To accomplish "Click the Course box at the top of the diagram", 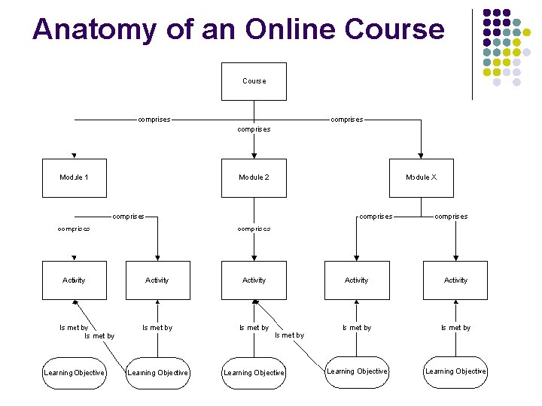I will coord(254,81).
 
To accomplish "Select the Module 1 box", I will coord(74,177).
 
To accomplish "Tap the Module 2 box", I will coord(254,177).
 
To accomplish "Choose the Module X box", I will coord(421,177).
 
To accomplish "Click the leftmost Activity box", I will coord(74,280).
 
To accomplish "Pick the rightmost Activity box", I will coord(455,280).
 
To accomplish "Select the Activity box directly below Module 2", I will coord(254,280).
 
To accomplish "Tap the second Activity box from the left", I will coord(157,280).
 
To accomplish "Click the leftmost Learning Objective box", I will coord(74,372).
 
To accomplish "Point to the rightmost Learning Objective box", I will coord(455,371).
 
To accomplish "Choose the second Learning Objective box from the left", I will coord(157,372).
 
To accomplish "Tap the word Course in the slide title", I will coord(394,29).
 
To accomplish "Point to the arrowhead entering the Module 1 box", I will coord(74,156).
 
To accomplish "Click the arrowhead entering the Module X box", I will coord(422,156).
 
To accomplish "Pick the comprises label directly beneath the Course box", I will coord(254,129).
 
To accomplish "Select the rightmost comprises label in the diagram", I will coord(451,217).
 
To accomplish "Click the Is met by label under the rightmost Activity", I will coord(455,328).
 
